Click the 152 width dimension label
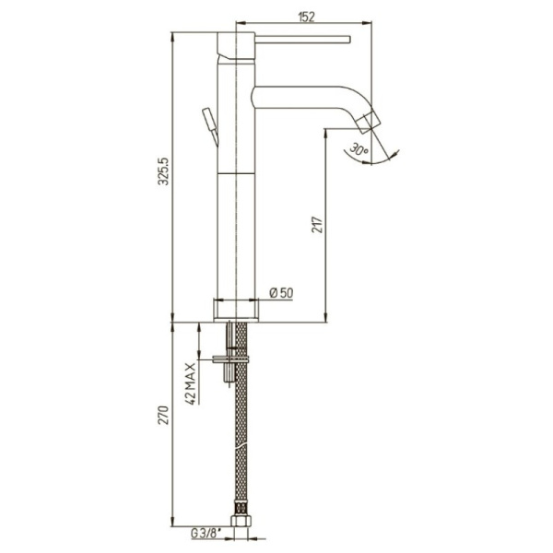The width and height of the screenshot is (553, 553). pyautogui.click(x=306, y=17)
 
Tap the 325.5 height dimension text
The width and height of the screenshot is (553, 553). pyautogui.click(x=164, y=171)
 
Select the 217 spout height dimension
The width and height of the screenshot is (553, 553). pyautogui.click(x=317, y=225)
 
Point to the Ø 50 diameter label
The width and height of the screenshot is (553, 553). pyautogui.click(x=281, y=292)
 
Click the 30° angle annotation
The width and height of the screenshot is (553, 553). pyautogui.click(x=359, y=150)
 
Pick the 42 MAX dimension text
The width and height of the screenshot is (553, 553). pyautogui.click(x=190, y=383)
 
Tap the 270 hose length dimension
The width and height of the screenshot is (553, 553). pyautogui.click(x=164, y=416)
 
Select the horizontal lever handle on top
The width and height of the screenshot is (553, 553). pyautogui.click(x=302, y=39)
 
